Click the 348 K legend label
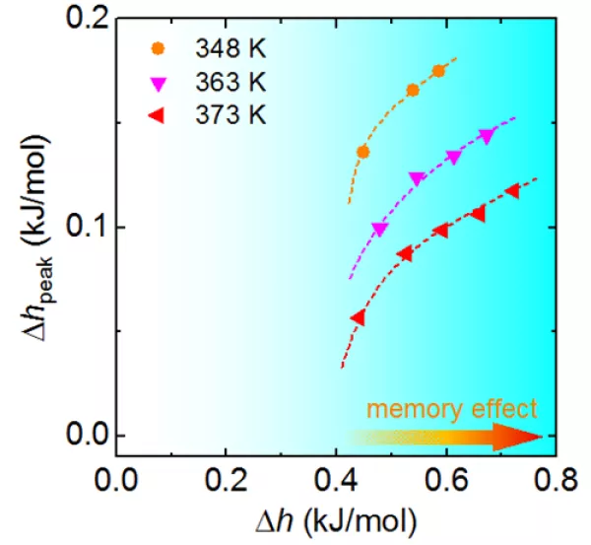230,47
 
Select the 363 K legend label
230,81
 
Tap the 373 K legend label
230,114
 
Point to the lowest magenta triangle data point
379,230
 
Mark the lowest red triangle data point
358,317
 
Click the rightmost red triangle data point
511,190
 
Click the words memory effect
452,408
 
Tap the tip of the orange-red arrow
541,436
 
